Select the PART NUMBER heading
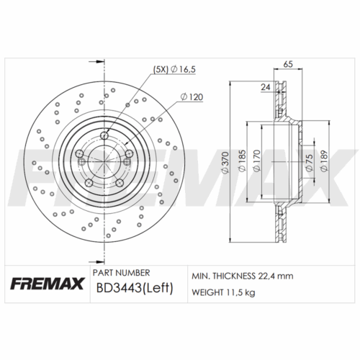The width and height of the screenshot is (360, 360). pyautogui.click(x=122, y=273)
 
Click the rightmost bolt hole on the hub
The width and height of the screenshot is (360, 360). pyautogui.click(x=129, y=152)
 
